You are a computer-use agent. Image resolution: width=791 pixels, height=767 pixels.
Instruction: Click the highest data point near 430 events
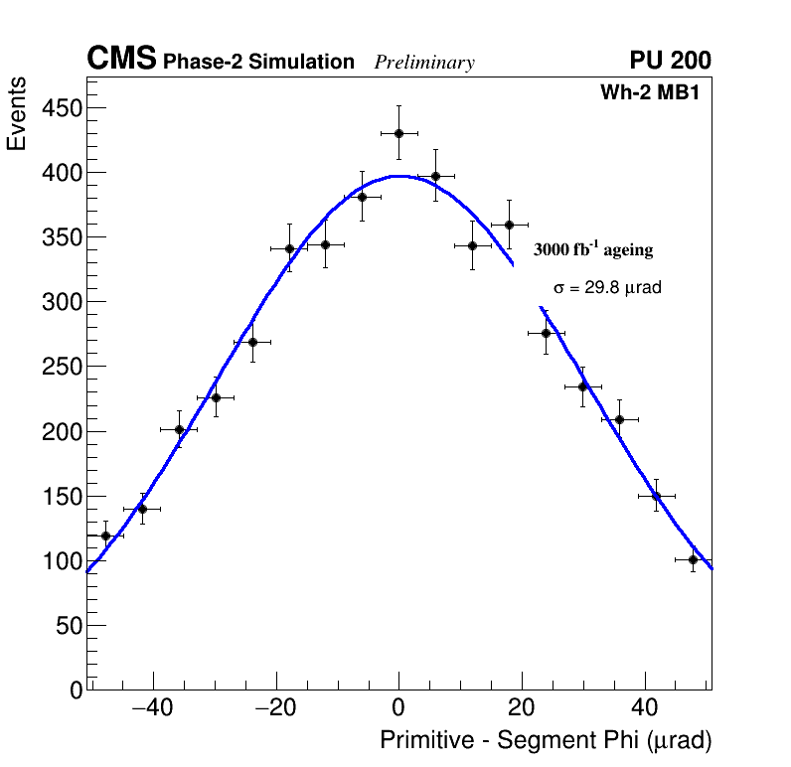(398, 133)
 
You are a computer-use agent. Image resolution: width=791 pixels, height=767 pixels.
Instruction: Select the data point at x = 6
(435, 176)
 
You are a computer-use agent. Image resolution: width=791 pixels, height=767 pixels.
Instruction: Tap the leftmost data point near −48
(105, 536)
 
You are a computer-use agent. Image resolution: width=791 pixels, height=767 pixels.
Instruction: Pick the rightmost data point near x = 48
(693, 559)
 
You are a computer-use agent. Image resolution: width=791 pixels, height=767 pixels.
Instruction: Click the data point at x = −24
(252, 342)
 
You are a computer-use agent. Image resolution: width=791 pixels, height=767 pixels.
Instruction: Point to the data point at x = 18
(509, 225)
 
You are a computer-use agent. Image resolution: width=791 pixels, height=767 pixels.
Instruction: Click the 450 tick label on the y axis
(61, 108)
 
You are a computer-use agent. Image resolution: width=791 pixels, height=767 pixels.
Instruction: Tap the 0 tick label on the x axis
(398, 708)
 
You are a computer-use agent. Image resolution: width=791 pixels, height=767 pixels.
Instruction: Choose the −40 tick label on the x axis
(151, 708)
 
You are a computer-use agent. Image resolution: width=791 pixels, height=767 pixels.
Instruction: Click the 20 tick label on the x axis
(522, 708)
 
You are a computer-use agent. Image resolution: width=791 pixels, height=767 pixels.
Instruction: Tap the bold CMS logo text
(121, 60)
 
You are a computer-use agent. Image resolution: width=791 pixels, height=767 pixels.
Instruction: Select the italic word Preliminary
(424, 63)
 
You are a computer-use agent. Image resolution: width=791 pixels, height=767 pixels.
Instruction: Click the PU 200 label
(670, 61)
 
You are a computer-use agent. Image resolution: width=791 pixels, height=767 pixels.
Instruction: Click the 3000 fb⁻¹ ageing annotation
(593, 249)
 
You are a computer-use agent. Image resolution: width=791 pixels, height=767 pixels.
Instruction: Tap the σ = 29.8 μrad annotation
(607, 288)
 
